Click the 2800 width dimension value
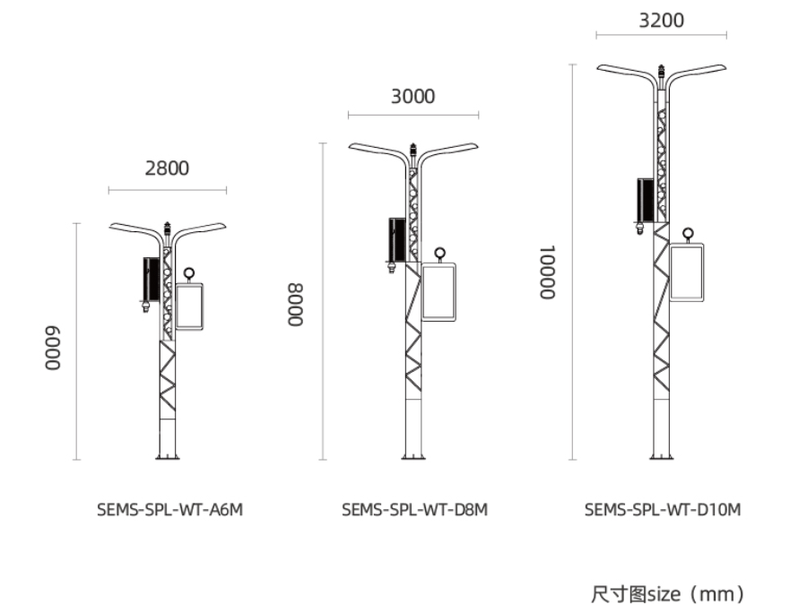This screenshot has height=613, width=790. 167,168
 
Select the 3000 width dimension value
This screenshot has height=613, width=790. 412,96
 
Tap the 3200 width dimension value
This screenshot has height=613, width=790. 661,20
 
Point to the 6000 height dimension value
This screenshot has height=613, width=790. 55,349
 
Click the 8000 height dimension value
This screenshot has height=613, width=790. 296,306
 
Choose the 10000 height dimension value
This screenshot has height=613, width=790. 546,272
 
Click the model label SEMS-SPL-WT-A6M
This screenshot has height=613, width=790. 169,510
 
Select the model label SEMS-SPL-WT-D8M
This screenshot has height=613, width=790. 414,510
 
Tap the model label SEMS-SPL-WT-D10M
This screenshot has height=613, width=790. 663,510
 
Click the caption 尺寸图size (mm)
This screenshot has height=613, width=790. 667,593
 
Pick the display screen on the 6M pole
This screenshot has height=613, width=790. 189,306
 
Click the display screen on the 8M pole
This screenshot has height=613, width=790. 438,291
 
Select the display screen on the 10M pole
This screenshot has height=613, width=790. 689,272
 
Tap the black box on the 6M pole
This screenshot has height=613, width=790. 151,279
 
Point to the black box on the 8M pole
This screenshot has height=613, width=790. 396,238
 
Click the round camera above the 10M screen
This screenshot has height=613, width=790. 689,235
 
